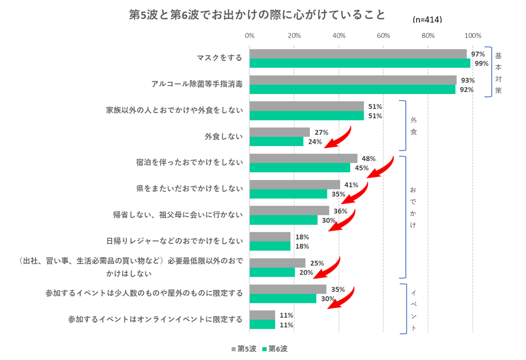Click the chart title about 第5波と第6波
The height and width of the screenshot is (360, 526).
click(257, 15)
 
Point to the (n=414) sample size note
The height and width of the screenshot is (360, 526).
click(427, 20)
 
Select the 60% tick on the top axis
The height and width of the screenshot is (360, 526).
click(383, 35)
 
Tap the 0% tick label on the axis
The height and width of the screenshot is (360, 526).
click(250, 35)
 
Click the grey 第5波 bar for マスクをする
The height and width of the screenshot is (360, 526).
click(358, 54)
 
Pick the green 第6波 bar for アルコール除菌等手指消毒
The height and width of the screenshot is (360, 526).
click(352, 89)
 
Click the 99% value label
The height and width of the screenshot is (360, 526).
click(481, 63)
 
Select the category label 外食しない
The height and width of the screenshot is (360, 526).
click(223, 137)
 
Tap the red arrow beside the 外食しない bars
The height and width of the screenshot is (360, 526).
click(338, 137)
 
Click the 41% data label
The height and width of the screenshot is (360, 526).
click(351, 185)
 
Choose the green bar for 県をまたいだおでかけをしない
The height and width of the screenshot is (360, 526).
click(288, 194)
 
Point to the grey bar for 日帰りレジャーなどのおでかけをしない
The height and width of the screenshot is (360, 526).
click(270, 237)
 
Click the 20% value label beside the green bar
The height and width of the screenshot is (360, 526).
click(306, 272)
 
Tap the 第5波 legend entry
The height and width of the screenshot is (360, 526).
click(244, 349)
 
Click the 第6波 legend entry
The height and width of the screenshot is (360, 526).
click(275, 349)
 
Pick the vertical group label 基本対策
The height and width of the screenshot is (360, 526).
click(498, 73)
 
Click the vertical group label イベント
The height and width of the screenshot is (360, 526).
click(413, 310)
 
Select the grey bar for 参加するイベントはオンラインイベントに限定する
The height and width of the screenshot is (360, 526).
click(262, 315)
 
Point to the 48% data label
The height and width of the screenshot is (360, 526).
click(368, 158)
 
